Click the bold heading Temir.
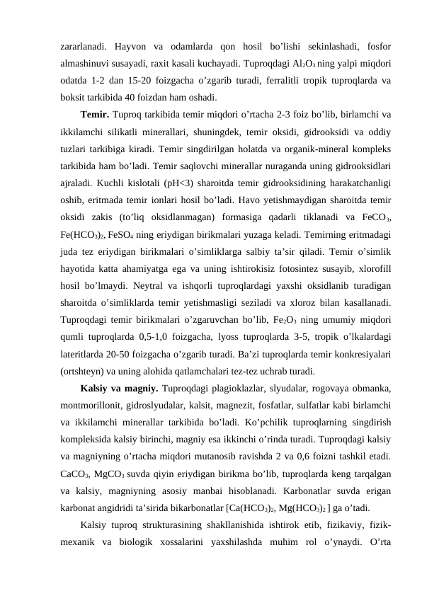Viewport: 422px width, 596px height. coord(95,113)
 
